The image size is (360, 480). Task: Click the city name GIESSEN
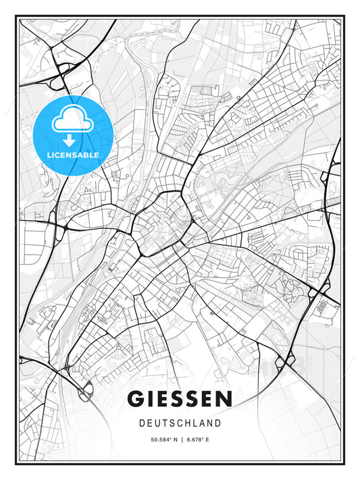coord(180,399)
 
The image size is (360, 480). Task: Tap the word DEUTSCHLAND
coord(180,423)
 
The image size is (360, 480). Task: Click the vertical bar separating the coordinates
coord(180,440)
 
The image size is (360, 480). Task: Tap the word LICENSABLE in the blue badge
coord(72,155)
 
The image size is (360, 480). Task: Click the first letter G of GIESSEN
coord(135,399)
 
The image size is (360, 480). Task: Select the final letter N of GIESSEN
coord(224,399)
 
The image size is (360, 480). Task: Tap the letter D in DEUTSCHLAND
coord(141,423)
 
